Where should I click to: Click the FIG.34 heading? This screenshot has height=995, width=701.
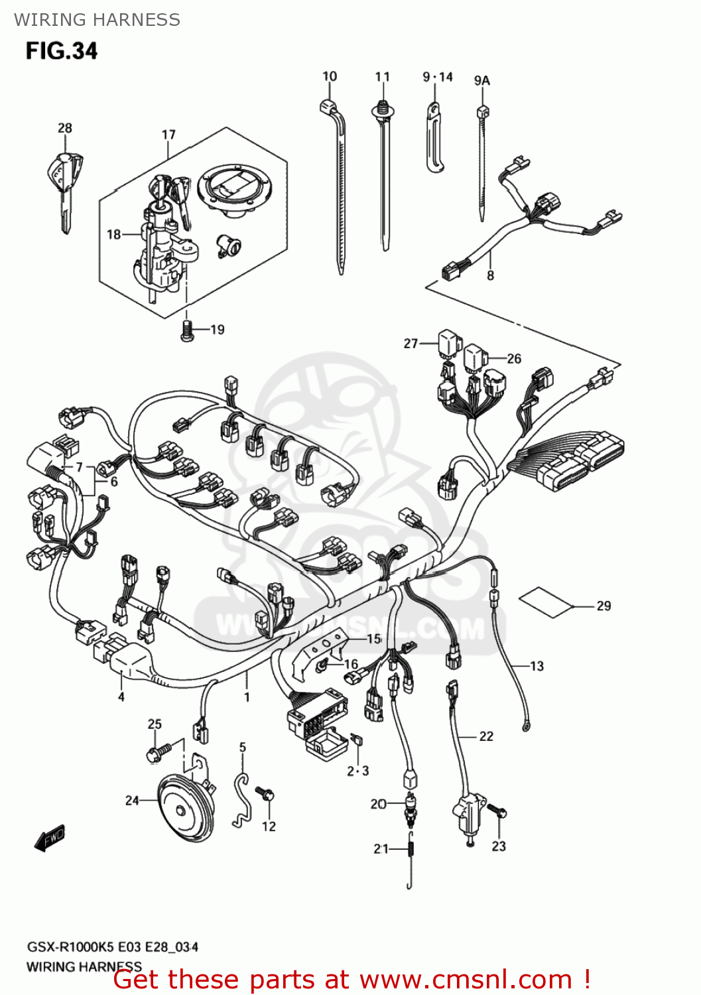tap(62, 52)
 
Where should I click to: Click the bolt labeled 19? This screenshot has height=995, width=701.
tap(187, 330)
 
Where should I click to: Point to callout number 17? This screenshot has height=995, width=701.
tap(168, 135)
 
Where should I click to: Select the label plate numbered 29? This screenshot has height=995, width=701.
tap(544, 602)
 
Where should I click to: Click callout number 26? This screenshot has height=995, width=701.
tap(514, 359)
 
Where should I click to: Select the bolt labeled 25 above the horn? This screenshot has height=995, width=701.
tap(156, 752)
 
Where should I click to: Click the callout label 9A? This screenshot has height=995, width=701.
tap(481, 80)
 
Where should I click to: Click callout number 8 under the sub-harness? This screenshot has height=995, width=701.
tap(490, 275)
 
